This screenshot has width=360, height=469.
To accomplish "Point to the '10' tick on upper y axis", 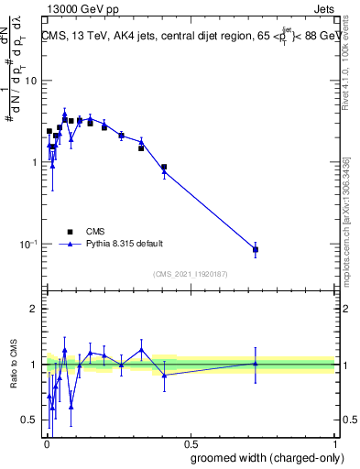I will pyautogui.click(x=31, y=81).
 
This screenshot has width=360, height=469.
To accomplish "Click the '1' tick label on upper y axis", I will pyautogui.click(x=34, y=162).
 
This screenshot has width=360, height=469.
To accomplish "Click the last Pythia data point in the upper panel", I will pyautogui.click(x=256, y=249).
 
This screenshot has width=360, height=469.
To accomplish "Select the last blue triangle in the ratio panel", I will pyautogui.click(x=256, y=364).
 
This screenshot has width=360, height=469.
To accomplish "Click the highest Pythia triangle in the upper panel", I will pyautogui.click(x=64, y=115).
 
